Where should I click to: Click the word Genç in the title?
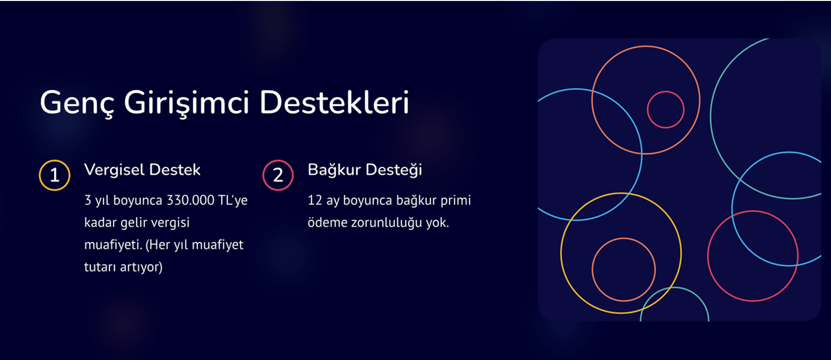click(77, 103)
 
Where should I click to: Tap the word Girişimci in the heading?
click(186, 103)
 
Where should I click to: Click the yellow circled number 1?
click(55, 175)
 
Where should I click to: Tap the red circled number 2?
click(278, 175)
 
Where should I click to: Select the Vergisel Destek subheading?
click(142, 170)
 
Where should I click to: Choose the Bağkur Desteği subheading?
click(365, 170)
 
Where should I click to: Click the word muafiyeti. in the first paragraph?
click(113, 245)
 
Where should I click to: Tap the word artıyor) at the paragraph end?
click(141, 267)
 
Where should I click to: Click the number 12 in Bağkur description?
click(315, 200)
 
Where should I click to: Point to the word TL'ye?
click(233, 200)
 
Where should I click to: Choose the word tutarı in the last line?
click(100, 267)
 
